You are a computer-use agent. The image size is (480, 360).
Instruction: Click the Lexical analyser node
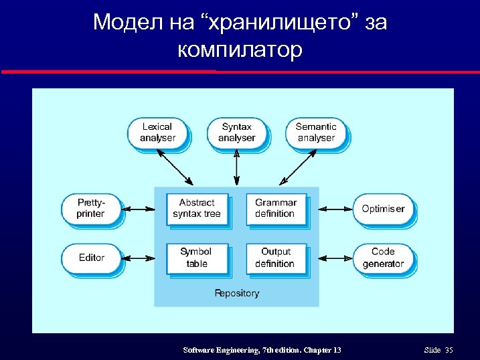(x=157, y=132)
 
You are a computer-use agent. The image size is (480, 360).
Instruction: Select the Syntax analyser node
(x=236, y=132)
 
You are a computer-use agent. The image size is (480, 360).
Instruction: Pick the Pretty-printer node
(x=91, y=208)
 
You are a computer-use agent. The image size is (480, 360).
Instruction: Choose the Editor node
(x=91, y=258)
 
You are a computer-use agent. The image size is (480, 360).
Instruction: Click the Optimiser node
(x=383, y=209)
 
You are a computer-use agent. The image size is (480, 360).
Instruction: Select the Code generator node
(x=383, y=258)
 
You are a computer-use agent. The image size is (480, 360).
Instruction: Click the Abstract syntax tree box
(x=197, y=208)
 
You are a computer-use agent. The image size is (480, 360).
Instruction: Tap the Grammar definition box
(x=275, y=208)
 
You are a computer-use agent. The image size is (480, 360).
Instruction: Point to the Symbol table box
(x=197, y=258)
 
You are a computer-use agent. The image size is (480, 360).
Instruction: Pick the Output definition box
(x=275, y=258)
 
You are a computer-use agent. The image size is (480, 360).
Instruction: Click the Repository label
(x=236, y=293)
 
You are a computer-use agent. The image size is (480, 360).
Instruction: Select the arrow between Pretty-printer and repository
(x=139, y=209)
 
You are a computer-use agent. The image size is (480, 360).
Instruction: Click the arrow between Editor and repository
(x=139, y=258)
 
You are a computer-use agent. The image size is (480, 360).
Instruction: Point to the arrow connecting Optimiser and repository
(x=335, y=209)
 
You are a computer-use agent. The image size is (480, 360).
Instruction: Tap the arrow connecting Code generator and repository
(x=335, y=258)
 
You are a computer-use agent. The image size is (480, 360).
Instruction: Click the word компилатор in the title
(x=240, y=50)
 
